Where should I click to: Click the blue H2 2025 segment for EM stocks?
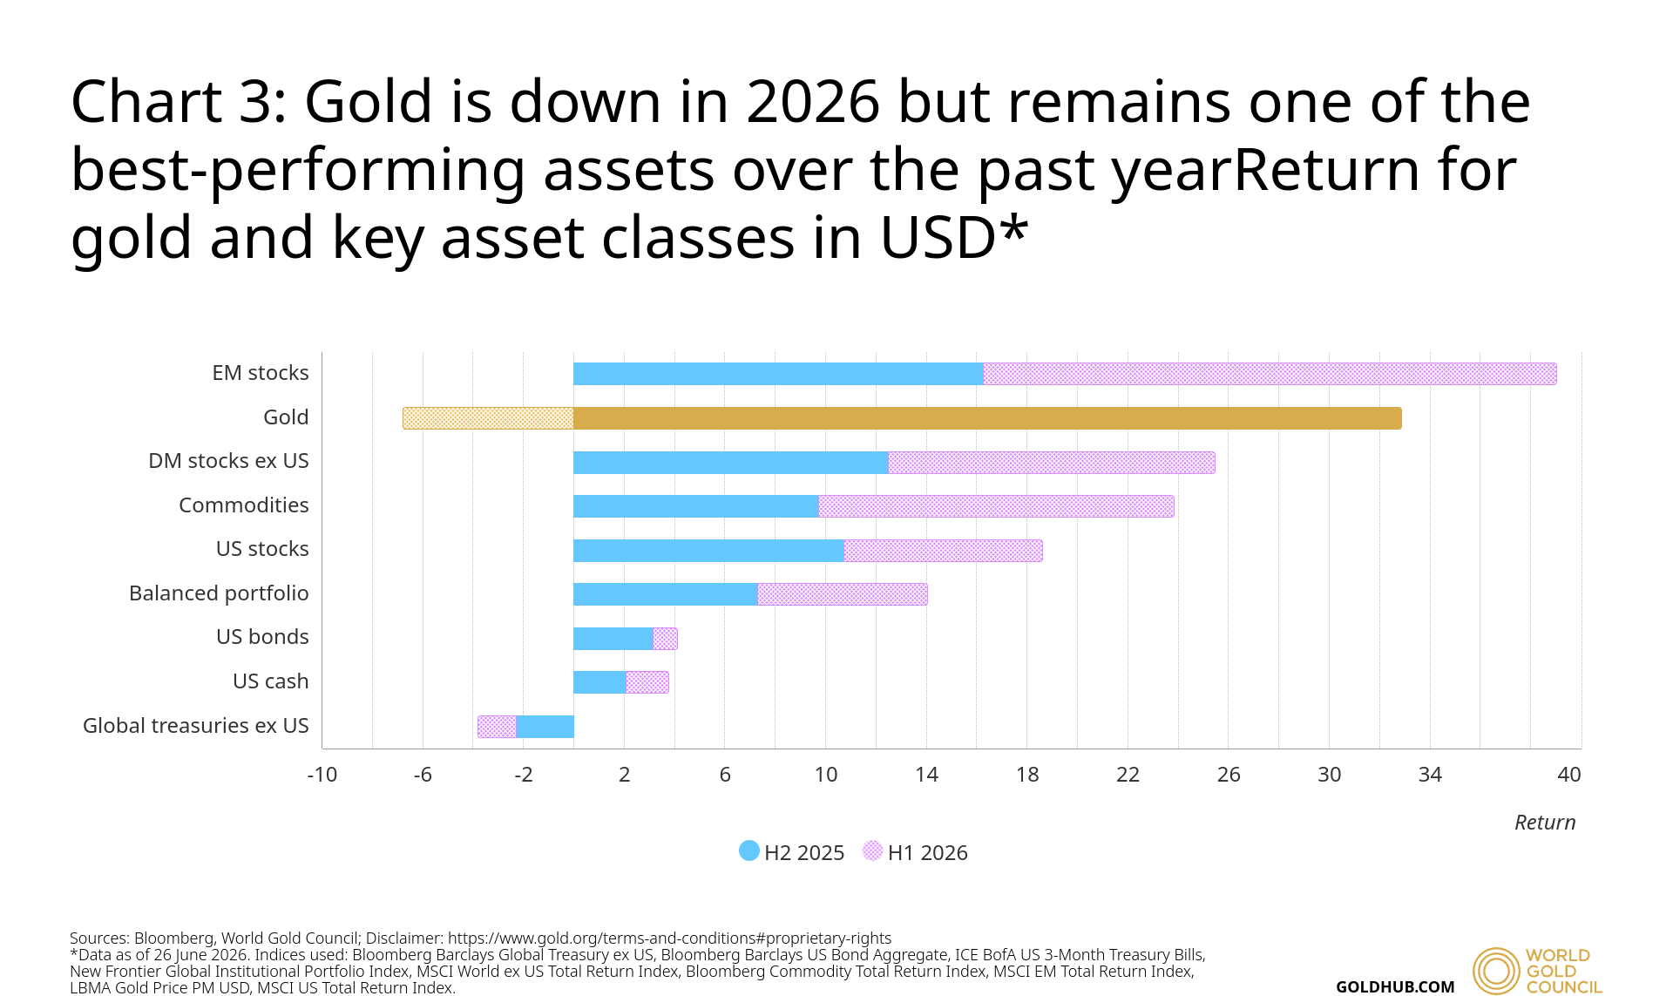pyautogui.click(x=778, y=374)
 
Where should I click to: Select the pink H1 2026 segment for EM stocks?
pyautogui.click(x=1270, y=374)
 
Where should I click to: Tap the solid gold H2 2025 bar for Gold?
pyautogui.click(x=987, y=418)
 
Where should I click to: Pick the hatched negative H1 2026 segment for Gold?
pyautogui.click(x=488, y=418)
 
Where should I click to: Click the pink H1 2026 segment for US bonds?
pyautogui.click(x=665, y=639)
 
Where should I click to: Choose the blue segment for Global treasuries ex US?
pyautogui.click(x=545, y=727)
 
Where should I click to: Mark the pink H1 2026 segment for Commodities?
pyautogui.click(x=996, y=506)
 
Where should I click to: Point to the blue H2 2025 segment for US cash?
pyautogui.click(x=599, y=682)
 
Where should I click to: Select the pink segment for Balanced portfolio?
pyautogui.click(x=843, y=594)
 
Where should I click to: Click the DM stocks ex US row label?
pyautogui.click(x=228, y=461)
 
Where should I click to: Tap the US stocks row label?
pyautogui.click(x=262, y=549)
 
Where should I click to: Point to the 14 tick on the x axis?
pyautogui.click(x=926, y=775)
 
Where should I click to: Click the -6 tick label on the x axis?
pyautogui.click(x=423, y=775)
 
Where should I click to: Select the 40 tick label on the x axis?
pyautogui.click(x=1569, y=775)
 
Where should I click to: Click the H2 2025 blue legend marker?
pyautogui.click(x=749, y=850)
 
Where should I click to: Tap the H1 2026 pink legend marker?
pyautogui.click(x=872, y=850)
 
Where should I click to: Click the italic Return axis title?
pyautogui.click(x=1545, y=823)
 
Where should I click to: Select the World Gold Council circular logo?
pyautogui.click(x=1496, y=971)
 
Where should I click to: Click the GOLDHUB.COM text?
pyautogui.click(x=1395, y=986)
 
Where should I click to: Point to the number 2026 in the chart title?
pyautogui.click(x=813, y=102)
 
